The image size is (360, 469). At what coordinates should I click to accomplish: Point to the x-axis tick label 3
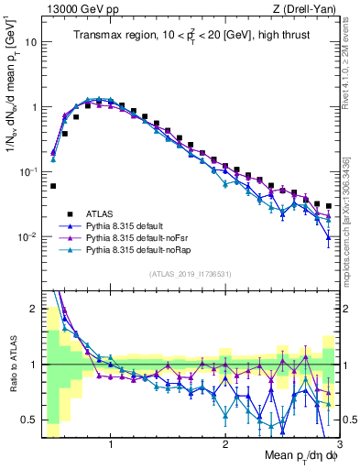(338, 443)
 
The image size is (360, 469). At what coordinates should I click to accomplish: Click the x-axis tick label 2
(225, 443)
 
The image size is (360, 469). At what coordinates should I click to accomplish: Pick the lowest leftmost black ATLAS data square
(53, 186)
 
